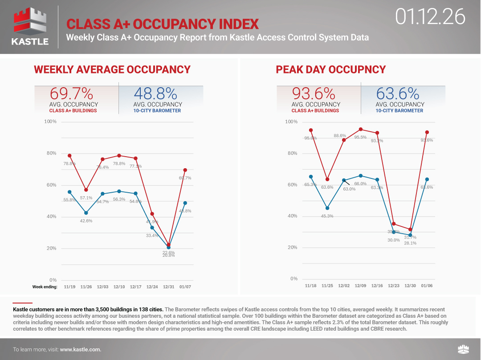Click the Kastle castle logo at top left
coord(29,27)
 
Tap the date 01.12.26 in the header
coord(430,17)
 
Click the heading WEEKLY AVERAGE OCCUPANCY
coord(112,69)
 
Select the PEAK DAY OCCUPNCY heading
coord(330,69)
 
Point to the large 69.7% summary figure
coord(71,93)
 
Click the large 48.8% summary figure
coord(155,93)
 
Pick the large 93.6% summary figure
coord(313,93)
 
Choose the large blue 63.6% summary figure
coord(397,93)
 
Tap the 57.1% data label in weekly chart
coord(86,198)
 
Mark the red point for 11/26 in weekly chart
coord(86,190)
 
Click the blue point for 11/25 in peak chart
coord(327,208)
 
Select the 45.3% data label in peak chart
coord(327,216)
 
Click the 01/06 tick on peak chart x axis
coord(427,286)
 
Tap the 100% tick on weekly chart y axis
coord(50,121)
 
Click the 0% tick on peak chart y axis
coord(293,279)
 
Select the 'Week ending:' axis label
coord(45,287)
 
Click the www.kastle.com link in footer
coord(80,349)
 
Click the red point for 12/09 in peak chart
coord(360,129)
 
